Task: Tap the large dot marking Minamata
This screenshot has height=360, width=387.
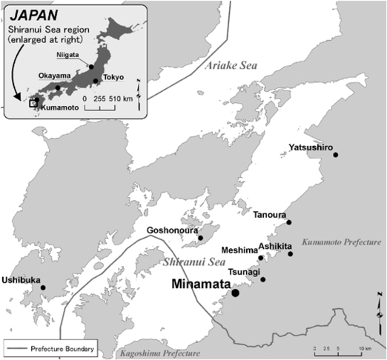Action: click(x=235, y=293)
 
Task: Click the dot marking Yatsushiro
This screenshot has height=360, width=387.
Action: click(x=336, y=156)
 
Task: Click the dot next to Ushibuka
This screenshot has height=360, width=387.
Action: click(x=43, y=287)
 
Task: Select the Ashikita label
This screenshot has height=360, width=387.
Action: click(x=275, y=246)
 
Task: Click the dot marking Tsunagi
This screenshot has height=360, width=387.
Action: click(x=262, y=279)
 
